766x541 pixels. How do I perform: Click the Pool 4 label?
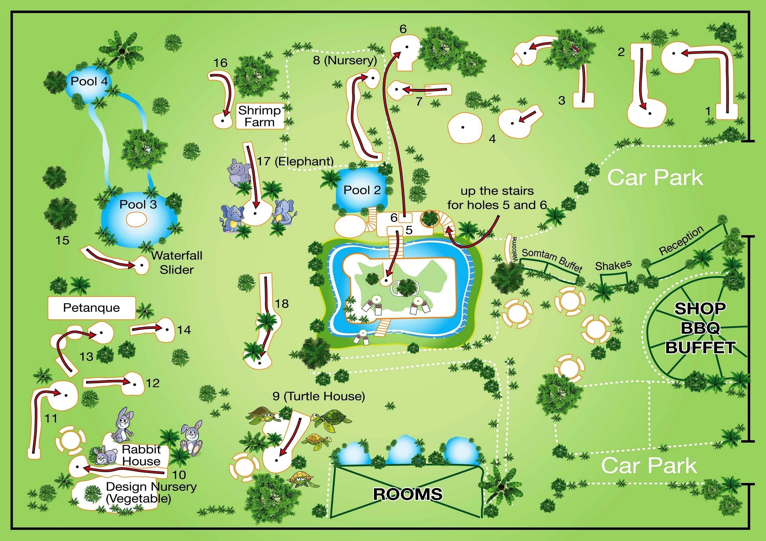(x=89, y=81)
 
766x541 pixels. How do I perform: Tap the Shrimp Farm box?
(x=260, y=116)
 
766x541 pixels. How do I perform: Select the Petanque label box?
(x=91, y=308)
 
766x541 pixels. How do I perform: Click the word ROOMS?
(x=408, y=494)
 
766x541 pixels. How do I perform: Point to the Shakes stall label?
(x=613, y=265)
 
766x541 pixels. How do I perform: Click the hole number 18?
(x=282, y=304)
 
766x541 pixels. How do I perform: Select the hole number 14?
(x=184, y=330)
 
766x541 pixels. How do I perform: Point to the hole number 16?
(x=220, y=63)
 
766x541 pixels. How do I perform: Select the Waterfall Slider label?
(x=177, y=263)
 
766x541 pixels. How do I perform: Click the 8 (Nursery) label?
(x=345, y=61)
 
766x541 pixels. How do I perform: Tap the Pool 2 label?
(x=362, y=190)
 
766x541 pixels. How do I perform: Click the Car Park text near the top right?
(x=655, y=178)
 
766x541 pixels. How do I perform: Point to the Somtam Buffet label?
(x=552, y=260)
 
